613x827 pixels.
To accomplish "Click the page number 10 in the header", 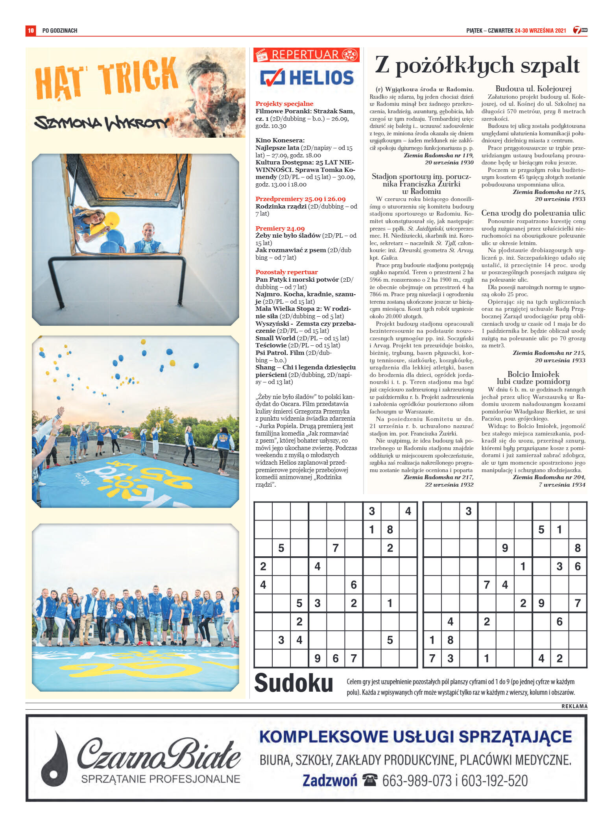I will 31,30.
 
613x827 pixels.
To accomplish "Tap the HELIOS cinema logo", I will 307,78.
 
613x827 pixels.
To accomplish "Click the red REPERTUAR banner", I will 306,55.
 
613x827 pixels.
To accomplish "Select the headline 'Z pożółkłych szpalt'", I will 477,65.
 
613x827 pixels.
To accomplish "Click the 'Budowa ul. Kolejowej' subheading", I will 533,89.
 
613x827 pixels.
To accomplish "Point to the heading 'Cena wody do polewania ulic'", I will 533,213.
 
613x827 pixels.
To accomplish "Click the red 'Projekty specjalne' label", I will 284,103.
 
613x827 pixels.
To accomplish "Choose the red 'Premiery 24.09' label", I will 280,228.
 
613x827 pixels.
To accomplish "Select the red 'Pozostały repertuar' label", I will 286,272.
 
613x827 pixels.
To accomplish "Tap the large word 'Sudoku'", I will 294,683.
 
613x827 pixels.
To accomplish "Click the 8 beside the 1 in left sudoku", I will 390,530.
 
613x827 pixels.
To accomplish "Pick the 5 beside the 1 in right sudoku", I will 541,530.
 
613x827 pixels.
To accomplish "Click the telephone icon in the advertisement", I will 369,779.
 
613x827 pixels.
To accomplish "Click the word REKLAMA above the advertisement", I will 574,706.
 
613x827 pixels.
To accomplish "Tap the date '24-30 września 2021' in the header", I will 540,30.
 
